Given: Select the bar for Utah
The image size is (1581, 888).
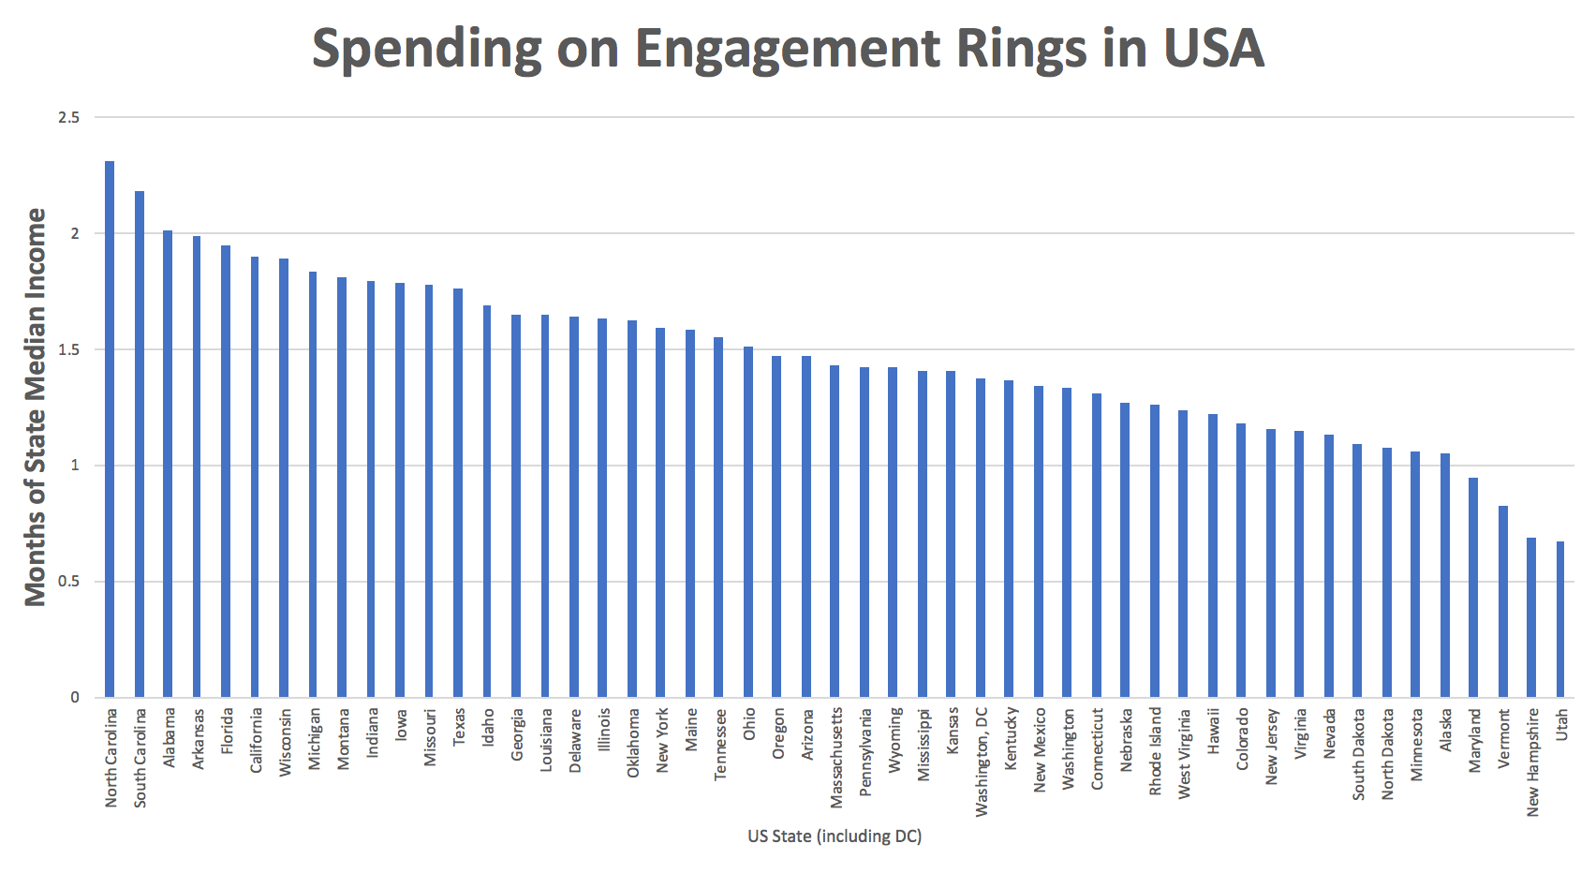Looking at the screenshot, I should click(x=1560, y=619).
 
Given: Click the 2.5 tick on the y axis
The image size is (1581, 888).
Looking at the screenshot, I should click(x=69, y=117).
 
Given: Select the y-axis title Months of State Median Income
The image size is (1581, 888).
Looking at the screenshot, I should click(x=35, y=407).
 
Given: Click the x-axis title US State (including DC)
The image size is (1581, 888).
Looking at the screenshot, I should click(x=834, y=836).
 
